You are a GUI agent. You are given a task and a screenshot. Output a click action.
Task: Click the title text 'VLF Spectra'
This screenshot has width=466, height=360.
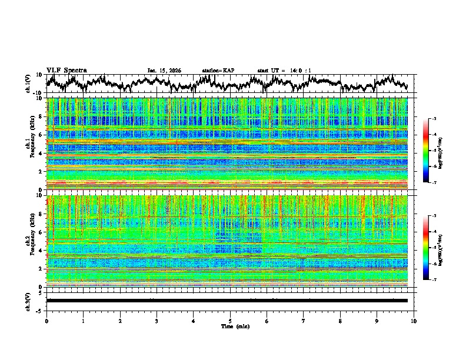coord(66,70)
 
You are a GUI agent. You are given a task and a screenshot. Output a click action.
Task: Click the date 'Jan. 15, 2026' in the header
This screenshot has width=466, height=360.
coord(164,71)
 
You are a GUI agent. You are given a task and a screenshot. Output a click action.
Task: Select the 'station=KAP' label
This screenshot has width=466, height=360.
coord(218,71)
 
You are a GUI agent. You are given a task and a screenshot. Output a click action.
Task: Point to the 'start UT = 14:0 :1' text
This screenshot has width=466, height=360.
coord(284,71)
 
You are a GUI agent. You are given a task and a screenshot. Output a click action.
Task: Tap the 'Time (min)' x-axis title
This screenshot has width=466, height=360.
coord(230,326)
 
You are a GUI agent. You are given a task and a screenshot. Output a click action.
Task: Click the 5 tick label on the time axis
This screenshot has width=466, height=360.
coord(230,321)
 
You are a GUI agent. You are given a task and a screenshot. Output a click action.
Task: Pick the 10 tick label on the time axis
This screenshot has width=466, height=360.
coord(414,321)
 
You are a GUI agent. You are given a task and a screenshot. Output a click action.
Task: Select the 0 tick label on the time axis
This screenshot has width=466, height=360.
coord(46,321)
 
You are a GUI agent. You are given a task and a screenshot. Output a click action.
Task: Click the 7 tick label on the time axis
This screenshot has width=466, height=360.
coord(304,321)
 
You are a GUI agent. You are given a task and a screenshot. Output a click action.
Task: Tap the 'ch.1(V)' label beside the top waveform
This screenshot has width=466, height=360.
coord(29,84)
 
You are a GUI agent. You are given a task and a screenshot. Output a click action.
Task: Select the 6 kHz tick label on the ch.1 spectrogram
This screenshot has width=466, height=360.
coord(41,135)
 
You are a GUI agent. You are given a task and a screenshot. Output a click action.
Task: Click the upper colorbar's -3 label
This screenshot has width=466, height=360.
coord(434,119)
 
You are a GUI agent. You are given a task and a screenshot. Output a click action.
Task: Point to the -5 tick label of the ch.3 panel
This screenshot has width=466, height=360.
coord(39,309)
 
